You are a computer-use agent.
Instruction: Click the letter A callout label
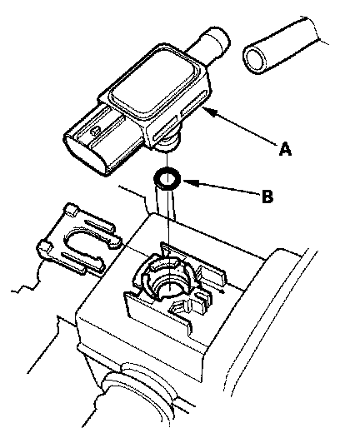(285, 148)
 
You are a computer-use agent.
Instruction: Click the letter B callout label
(267, 197)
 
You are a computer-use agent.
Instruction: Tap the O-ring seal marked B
(167, 178)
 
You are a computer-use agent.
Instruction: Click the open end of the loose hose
(255, 59)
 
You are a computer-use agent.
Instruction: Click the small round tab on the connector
(96, 129)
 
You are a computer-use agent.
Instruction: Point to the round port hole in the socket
(168, 288)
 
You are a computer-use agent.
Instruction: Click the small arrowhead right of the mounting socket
(222, 291)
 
